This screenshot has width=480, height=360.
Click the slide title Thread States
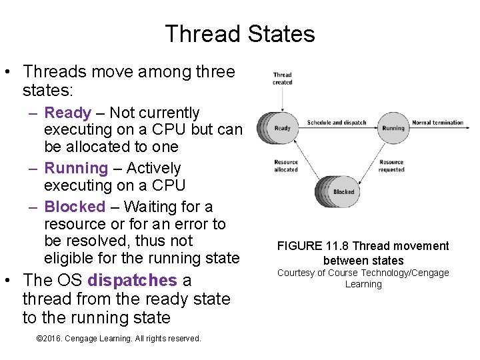pyautogui.click(x=240, y=33)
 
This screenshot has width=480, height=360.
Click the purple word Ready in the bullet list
pyautogui.click(x=68, y=113)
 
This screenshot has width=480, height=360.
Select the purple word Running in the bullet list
pyautogui.click(x=76, y=169)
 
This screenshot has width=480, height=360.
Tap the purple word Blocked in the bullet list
pyautogui.click(x=75, y=207)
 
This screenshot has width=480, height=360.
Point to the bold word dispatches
pyautogui.click(x=132, y=281)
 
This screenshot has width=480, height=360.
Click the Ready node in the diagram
pyautogui.click(x=283, y=128)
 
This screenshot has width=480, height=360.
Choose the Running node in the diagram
pyautogui.click(x=393, y=128)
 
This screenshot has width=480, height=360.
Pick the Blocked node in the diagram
pyautogui.click(x=343, y=191)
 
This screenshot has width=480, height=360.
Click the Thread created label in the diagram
pyautogui.click(x=282, y=79)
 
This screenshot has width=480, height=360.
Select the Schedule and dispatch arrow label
pyautogui.click(x=337, y=123)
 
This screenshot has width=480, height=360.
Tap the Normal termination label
pyautogui.click(x=437, y=123)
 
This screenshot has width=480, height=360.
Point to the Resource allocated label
pyautogui.click(x=286, y=166)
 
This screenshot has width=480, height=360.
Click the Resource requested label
pyautogui.click(x=391, y=166)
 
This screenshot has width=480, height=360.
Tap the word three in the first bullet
pyautogui.click(x=211, y=71)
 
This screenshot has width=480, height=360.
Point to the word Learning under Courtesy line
pyautogui.click(x=363, y=284)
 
